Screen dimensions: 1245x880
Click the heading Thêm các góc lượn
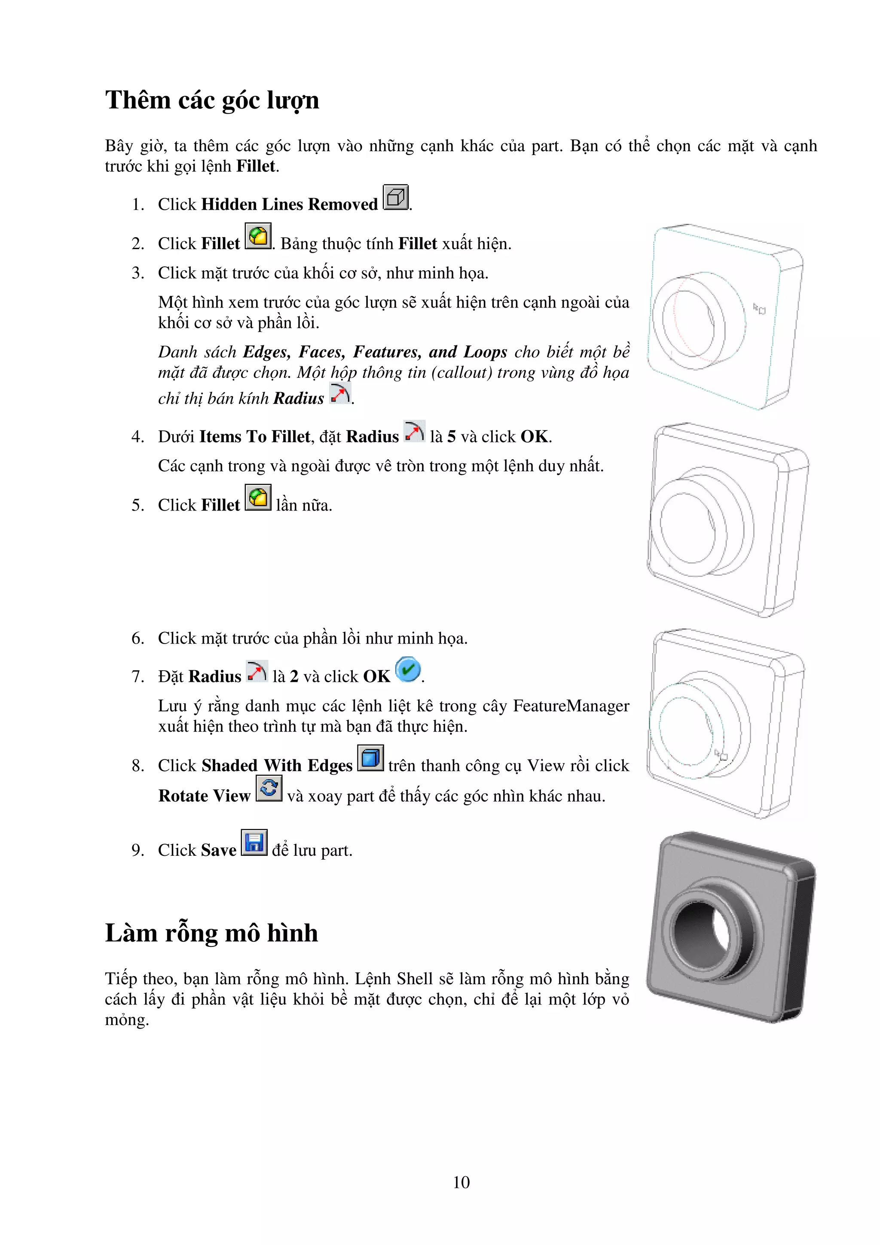pos(211,101)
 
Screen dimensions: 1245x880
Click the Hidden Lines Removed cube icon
pos(395,197)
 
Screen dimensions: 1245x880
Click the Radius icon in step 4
pos(414,432)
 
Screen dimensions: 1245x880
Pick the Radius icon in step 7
pos(257,672)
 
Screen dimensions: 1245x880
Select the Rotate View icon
pos(269,788)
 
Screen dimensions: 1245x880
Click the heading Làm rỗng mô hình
pos(211,933)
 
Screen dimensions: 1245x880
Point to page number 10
pos(461,1183)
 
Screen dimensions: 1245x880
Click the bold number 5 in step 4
pos(451,437)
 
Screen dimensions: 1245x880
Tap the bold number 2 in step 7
pos(294,677)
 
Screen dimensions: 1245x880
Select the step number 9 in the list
pos(138,850)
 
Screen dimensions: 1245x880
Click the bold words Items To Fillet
pos(254,437)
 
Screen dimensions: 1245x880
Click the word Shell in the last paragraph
pos(414,979)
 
